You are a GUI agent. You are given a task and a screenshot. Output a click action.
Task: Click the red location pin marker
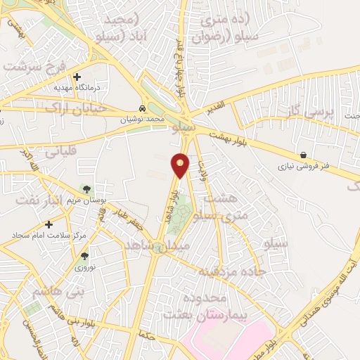[181, 165]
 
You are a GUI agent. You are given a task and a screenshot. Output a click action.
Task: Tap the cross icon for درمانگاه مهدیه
[77, 77]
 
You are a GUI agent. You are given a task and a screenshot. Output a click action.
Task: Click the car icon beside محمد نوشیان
[143, 109]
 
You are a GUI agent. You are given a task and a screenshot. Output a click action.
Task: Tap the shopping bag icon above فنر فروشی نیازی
[303, 155]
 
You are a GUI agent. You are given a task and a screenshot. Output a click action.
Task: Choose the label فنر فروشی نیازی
[303, 167]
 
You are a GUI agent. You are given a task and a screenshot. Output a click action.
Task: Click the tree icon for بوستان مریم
[86, 188]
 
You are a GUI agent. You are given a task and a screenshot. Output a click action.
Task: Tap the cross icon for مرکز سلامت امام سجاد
[48, 223]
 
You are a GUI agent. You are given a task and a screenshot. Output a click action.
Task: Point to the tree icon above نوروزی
[84, 257]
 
